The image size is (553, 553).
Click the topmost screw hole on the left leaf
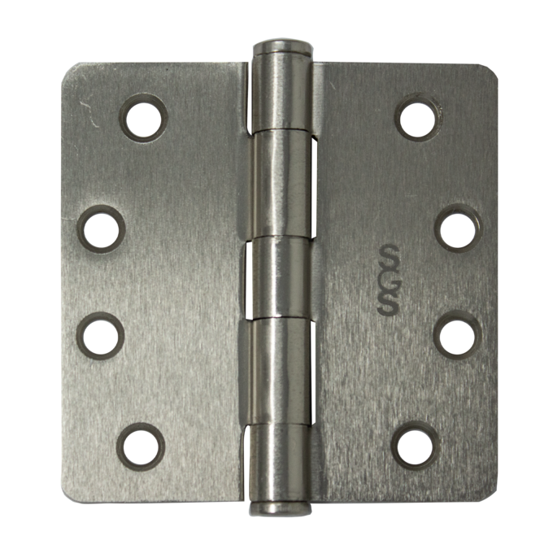[x=143, y=119]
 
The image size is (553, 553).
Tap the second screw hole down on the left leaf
[x=101, y=229]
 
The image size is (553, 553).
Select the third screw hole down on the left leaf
[x=101, y=335]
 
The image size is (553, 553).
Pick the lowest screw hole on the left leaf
[x=141, y=446]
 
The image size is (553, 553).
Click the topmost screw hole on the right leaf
[x=419, y=117]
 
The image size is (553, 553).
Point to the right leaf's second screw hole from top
[x=458, y=229]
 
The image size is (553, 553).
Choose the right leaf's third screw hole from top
[x=458, y=335]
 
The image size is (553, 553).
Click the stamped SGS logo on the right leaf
[x=388, y=279]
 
